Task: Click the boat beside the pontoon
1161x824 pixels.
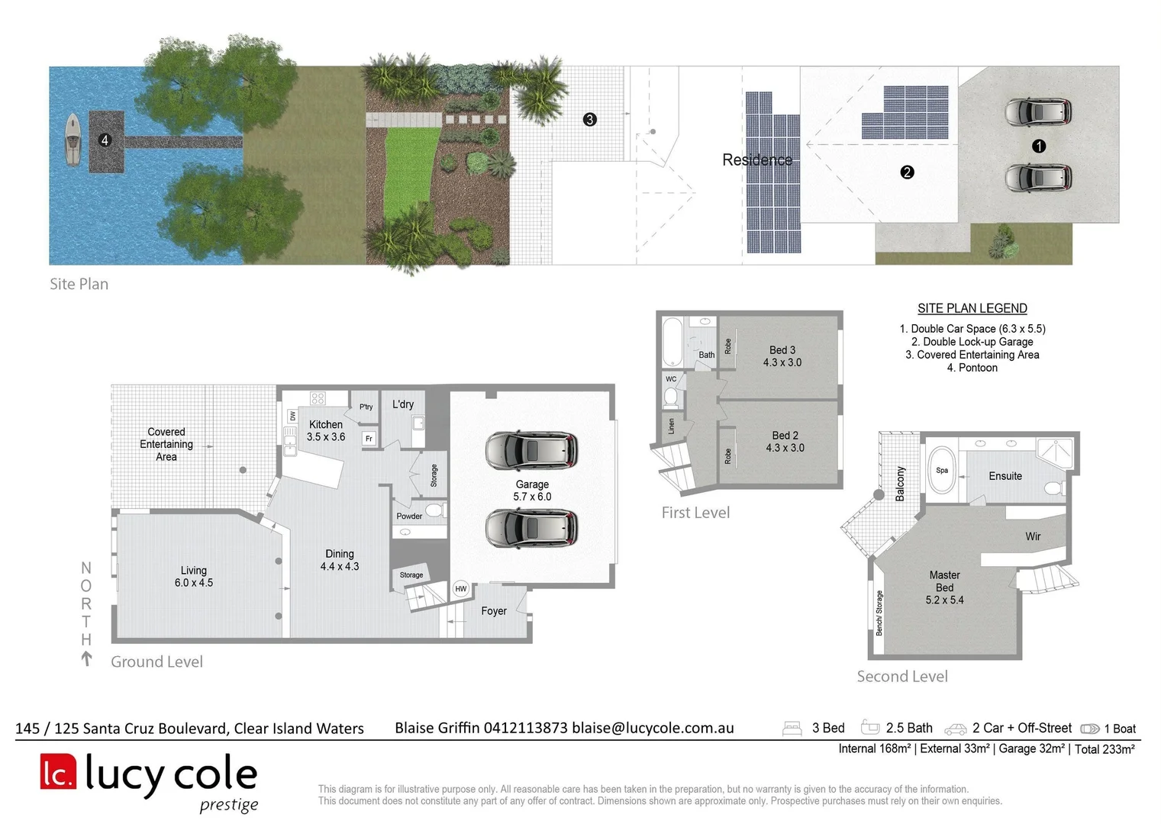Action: [x=73, y=140]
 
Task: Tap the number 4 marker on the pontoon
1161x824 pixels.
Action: [x=105, y=140]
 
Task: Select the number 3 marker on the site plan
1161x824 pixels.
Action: [x=589, y=119]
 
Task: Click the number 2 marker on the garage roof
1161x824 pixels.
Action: [x=907, y=172]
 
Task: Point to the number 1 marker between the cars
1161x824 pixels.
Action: [x=1039, y=146]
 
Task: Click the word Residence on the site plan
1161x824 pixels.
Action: [x=757, y=160]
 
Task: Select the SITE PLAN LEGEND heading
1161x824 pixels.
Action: [x=972, y=308]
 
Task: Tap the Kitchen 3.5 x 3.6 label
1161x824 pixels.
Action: [x=326, y=431]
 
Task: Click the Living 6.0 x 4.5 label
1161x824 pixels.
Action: [x=194, y=576]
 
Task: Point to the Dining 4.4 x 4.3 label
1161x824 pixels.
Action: [x=340, y=560]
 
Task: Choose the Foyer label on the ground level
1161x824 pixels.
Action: [x=494, y=611]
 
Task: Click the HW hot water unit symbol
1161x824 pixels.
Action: [x=461, y=588]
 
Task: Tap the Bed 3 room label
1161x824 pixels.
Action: [x=782, y=356]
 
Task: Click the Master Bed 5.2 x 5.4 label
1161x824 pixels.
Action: [x=945, y=587]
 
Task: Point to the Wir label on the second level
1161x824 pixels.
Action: [x=1033, y=536]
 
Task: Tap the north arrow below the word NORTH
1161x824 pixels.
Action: [x=86, y=658]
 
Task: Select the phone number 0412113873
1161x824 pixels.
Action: [x=526, y=728]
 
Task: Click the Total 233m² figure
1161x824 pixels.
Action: [x=1105, y=749]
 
